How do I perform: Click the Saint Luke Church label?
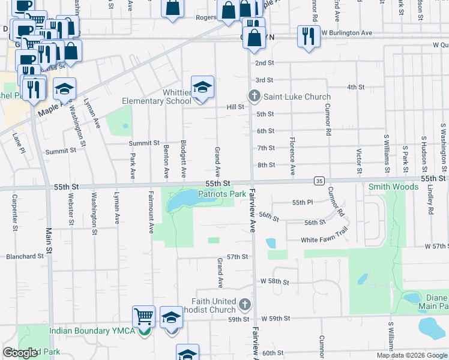pyautogui.click(x=297, y=97)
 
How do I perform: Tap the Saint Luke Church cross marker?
pyautogui.click(x=255, y=96)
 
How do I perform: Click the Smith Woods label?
pyautogui.click(x=393, y=187)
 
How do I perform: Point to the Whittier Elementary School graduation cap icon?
pyautogui.click(x=203, y=87)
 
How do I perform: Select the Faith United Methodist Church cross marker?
pyautogui.click(x=244, y=305)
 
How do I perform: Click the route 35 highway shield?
pyautogui.click(x=319, y=180)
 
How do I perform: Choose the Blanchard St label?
pyautogui.click(x=25, y=256)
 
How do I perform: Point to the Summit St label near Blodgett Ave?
pyautogui.click(x=144, y=143)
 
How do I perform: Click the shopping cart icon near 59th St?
pyautogui.click(x=144, y=316)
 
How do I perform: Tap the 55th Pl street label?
pyautogui.click(x=303, y=203)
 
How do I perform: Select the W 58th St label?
pyautogui.click(x=276, y=281)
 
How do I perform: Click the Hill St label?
pyautogui.click(x=235, y=107)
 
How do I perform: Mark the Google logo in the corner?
pyautogui.click(x=21, y=353)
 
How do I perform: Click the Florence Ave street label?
pyautogui.click(x=292, y=156)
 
